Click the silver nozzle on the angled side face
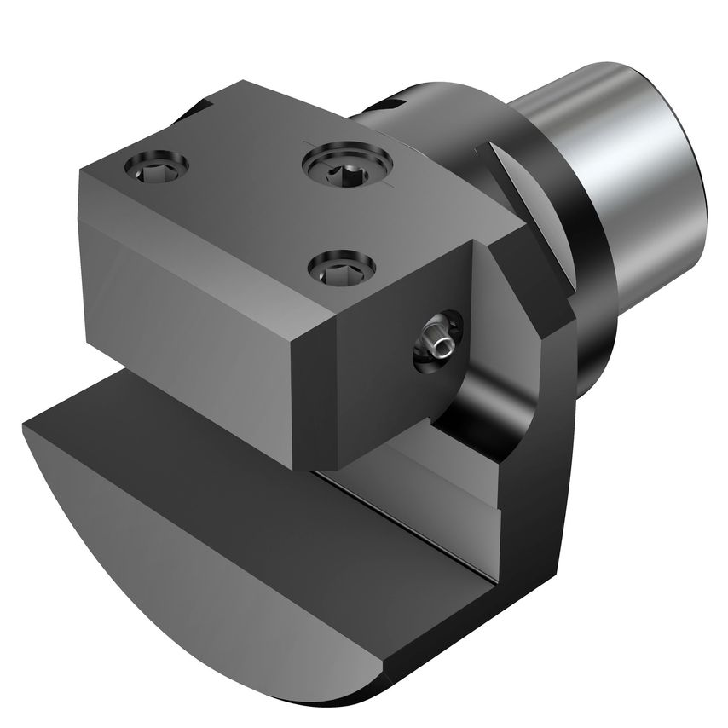[436, 343]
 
